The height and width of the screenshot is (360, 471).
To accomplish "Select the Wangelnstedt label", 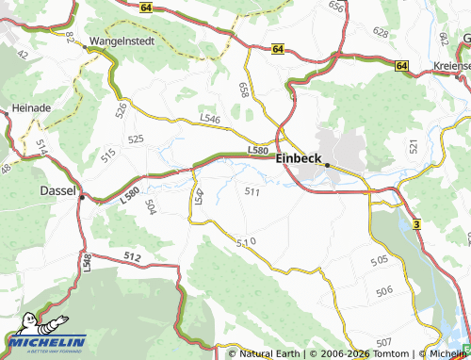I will [x=121, y=41].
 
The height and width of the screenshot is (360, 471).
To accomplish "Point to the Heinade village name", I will [x=31, y=108].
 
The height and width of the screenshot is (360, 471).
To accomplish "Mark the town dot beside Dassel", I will [x=82, y=198].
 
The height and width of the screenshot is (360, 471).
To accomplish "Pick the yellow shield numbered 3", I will [x=415, y=218].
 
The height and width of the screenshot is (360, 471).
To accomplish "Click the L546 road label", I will [x=209, y=120].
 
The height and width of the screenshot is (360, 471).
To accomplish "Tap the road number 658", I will [x=245, y=90].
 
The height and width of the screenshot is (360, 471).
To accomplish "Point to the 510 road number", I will [x=246, y=242].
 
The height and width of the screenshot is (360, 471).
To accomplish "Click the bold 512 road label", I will [x=131, y=256].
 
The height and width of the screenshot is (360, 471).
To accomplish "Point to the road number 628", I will [x=381, y=32].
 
